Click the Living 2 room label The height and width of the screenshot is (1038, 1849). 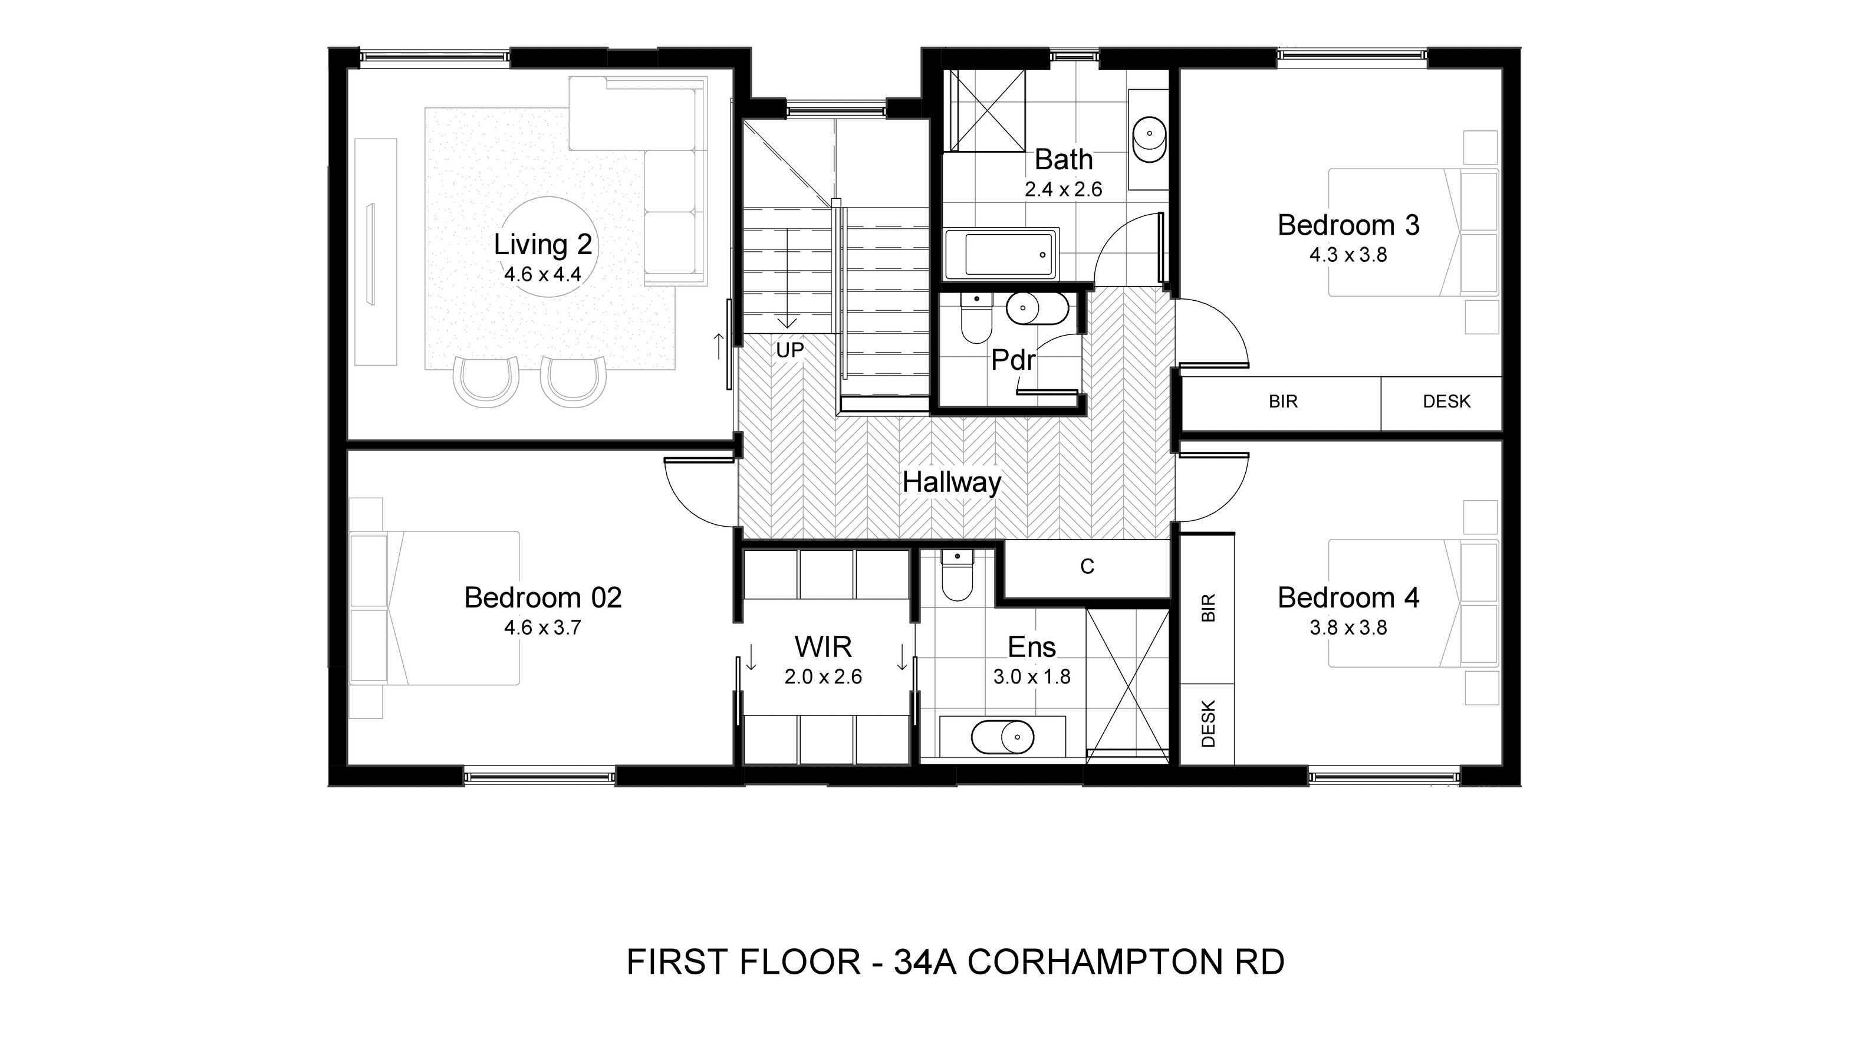(x=542, y=245)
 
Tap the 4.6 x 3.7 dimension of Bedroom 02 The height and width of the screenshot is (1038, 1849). (x=542, y=628)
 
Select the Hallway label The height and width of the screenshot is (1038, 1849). (x=951, y=482)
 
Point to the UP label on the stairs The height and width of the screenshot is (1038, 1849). (x=789, y=350)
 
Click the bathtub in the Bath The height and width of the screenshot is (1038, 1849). (x=1001, y=254)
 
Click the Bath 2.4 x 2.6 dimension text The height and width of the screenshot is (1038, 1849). (x=1063, y=189)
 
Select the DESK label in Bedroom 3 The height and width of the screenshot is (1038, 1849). (x=1446, y=401)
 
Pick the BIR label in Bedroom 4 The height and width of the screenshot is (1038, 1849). (x=1208, y=607)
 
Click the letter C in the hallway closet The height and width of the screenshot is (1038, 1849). (x=1087, y=567)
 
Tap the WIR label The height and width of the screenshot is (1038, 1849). (x=823, y=647)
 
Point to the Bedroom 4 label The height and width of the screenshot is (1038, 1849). (x=1348, y=598)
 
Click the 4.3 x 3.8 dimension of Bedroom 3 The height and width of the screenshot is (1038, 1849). (x=1348, y=255)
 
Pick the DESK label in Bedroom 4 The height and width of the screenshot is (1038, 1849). (x=1208, y=724)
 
